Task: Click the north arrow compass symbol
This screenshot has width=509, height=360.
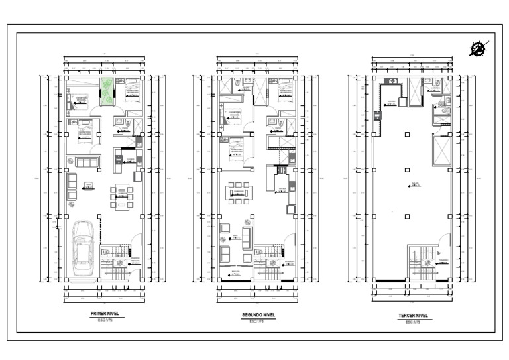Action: (479, 48)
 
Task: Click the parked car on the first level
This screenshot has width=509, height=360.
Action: (83, 247)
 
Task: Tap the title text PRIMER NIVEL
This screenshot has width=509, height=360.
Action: (105, 314)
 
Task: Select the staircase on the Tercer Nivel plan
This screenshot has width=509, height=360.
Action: (422, 262)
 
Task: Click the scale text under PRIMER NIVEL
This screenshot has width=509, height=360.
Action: (105, 321)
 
